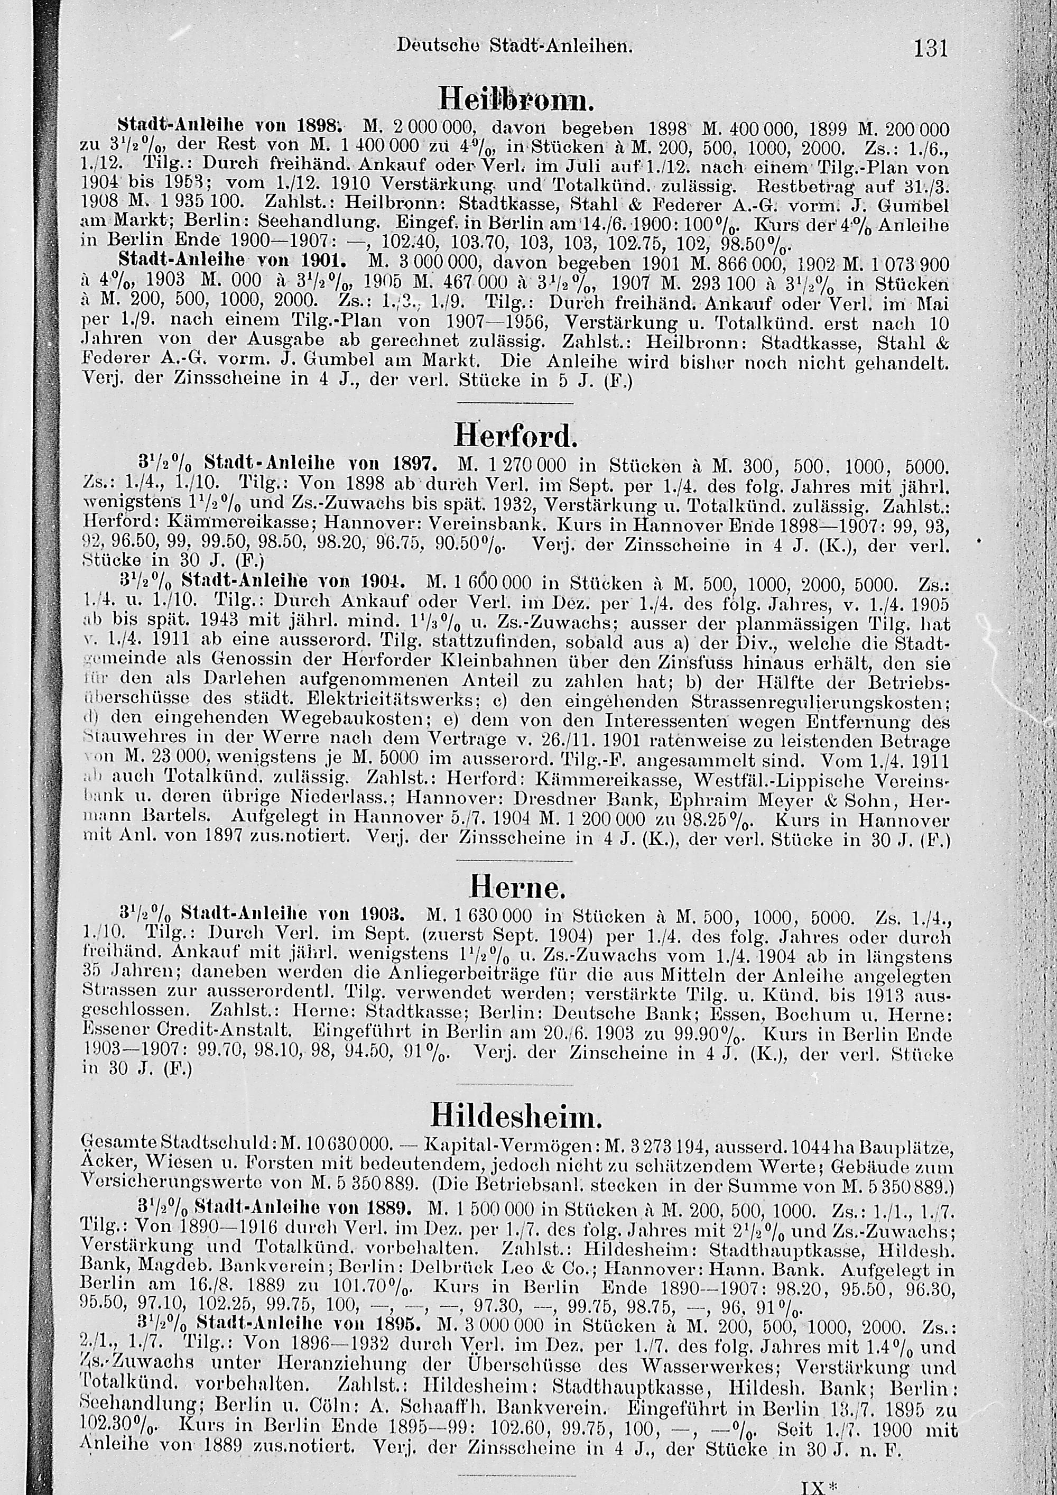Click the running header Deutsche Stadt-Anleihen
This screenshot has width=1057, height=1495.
(x=514, y=46)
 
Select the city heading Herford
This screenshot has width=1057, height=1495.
(x=514, y=436)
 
